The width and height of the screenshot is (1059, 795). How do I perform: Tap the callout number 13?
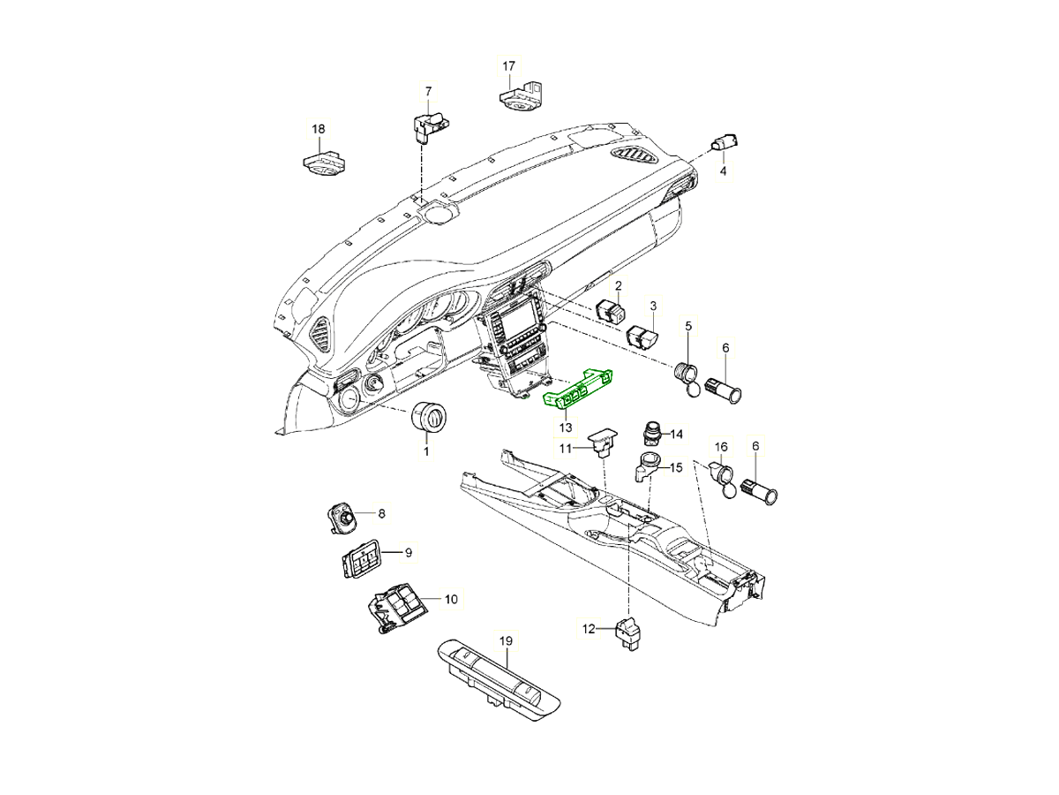coord(565,428)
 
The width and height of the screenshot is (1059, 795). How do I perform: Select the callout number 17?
coord(509,66)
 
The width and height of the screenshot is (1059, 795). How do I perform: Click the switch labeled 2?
coord(612,310)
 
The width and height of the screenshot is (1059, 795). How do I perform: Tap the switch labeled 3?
coord(642,337)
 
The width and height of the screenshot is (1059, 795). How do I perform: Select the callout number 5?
coord(688,326)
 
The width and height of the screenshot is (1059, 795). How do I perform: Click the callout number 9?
coord(409,553)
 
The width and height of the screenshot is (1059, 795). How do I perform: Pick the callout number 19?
coord(506,641)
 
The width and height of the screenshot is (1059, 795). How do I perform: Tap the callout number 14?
coord(676,435)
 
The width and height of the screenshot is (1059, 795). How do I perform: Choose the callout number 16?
coord(721,448)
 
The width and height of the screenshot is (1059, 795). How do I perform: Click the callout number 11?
coord(565,449)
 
